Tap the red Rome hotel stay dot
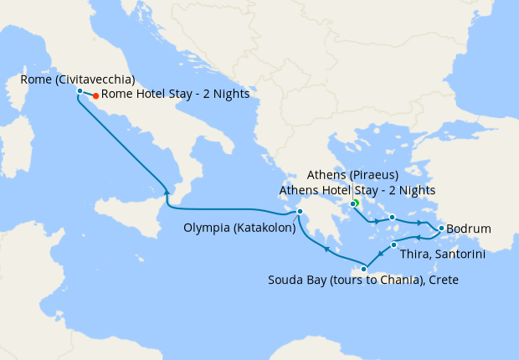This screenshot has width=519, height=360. (x=96, y=95)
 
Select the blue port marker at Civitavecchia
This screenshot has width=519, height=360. (x=79, y=90)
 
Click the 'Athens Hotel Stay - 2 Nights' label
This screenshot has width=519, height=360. (x=357, y=190)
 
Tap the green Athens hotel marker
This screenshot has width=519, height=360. (x=356, y=203)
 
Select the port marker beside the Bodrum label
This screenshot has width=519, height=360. (x=441, y=228)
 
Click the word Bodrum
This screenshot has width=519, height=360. (x=469, y=229)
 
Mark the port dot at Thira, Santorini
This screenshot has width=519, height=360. (x=393, y=244)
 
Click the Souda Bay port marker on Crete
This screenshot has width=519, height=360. (x=363, y=269)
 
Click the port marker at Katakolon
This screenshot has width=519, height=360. (x=300, y=211)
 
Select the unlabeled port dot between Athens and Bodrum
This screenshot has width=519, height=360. (x=392, y=218)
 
